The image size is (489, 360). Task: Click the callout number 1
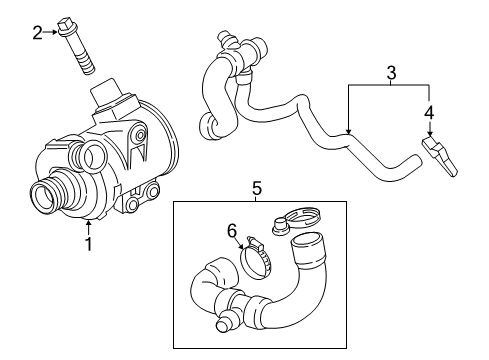tap(89, 244)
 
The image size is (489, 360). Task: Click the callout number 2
tap(37, 33)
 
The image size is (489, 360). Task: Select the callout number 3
tap(391, 73)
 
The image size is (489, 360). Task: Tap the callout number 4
tap(429, 113)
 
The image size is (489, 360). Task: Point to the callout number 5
tap(257, 189)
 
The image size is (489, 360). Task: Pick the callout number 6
tap(232, 231)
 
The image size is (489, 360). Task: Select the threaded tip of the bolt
tap(87, 66)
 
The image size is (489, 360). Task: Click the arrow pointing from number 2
tap(50, 32)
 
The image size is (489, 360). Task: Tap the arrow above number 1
tap(88, 227)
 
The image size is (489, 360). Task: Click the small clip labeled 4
tap(440, 156)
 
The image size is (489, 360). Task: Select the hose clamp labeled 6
tap(256, 259)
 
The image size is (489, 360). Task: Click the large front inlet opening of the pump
tap(43, 197)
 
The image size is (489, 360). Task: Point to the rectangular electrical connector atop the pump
tap(105, 91)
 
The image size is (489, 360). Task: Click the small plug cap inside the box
tap(279, 226)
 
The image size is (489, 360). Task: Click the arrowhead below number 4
tap(430, 134)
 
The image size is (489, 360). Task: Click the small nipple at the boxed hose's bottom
tap(224, 322)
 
